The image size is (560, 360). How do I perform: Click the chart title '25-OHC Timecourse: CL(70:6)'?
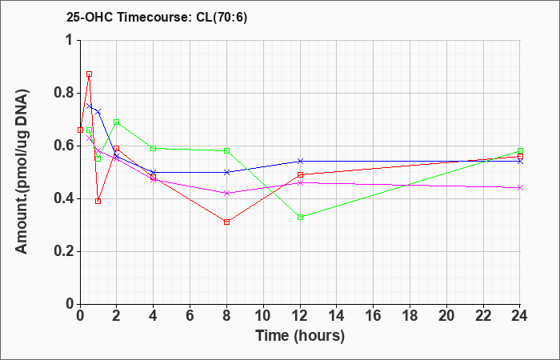click(157, 18)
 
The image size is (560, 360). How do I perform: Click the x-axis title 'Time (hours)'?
click(300, 336)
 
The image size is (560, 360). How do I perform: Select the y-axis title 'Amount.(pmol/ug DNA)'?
click(22, 172)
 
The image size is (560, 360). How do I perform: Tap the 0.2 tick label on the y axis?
click(64, 251)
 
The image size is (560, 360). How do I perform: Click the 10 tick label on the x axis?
click(263, 316)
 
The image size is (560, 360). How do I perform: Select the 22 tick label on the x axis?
click(483, 316)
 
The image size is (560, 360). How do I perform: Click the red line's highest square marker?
click(90, 74)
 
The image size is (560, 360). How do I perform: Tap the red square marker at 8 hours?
click(226, 222)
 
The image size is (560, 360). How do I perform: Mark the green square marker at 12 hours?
click(300, 217)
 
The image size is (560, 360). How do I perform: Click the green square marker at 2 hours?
click(117, 122)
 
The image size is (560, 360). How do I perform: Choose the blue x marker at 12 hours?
click(300, 162)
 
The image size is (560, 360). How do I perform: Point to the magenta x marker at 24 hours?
click(520, 188)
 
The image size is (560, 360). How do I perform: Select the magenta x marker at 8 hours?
click(226, 194)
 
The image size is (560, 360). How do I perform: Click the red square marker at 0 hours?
click(80, 130)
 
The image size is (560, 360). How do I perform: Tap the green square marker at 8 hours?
click(226, 150)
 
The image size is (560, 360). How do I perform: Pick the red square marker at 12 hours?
click(300, 174)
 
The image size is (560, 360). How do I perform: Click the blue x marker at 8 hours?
click(226, 172)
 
